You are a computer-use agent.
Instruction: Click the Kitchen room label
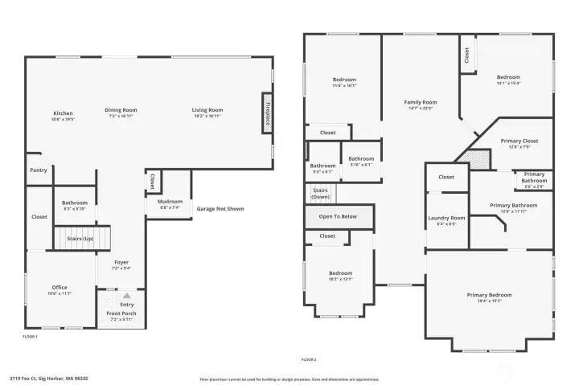(64, 113)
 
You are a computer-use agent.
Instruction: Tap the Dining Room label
(121, 110)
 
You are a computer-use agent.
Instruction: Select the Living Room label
(207, 110)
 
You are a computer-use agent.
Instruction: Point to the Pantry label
(39, 170)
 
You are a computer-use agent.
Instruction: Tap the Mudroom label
(170, 201)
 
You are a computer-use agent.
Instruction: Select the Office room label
(60, 287)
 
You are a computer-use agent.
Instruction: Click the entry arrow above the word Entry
(126, 296)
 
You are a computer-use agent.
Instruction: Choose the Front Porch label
(121, 313)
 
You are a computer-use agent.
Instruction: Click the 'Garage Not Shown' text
(220, 209)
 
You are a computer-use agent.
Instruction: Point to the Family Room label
(420, 102)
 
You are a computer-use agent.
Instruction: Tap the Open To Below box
(339, 216)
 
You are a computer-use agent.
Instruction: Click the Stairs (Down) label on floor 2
(320, 194)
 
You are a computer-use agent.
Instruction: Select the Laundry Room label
(446, 218)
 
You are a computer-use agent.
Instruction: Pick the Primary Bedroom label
(489, 295)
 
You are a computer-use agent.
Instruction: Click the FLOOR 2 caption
(309, 359)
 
